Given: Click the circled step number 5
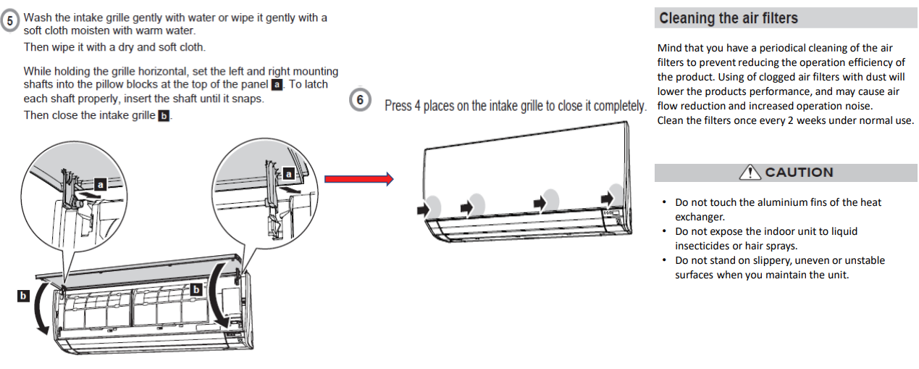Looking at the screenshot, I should (11, 21).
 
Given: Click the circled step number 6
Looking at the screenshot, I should (360, 101).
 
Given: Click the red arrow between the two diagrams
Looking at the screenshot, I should (358, 179).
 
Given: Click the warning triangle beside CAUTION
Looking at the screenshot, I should (750, 173).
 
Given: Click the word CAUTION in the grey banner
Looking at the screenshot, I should (799, 173).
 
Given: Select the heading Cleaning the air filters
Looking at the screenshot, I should (729, 19).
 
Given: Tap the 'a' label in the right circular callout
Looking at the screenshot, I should (288, 174).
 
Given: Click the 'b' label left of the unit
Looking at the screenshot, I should (23, 295).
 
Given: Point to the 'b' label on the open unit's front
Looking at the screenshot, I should (195, 289).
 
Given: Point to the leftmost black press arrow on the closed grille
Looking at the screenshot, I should (422, 209).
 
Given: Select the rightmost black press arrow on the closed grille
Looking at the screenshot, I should (606, 198).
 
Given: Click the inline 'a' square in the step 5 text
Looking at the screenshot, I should (276, 84).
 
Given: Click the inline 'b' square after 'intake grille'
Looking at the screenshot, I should (164, 116).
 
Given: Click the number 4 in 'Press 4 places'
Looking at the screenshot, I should (417, 106).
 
